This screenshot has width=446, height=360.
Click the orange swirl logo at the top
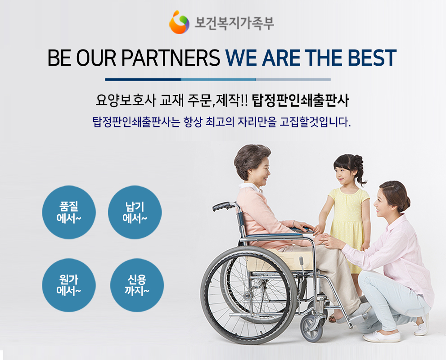179,22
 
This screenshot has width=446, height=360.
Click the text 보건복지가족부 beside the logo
234,23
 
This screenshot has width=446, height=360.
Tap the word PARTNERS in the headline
171,58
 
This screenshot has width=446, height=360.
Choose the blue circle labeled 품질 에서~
69,212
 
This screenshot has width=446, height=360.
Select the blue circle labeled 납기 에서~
135,212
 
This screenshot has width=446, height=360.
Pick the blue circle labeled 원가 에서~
69,285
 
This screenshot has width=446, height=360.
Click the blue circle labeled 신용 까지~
137,285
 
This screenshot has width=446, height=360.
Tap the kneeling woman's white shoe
382,337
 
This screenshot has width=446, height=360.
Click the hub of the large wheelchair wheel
247,296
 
